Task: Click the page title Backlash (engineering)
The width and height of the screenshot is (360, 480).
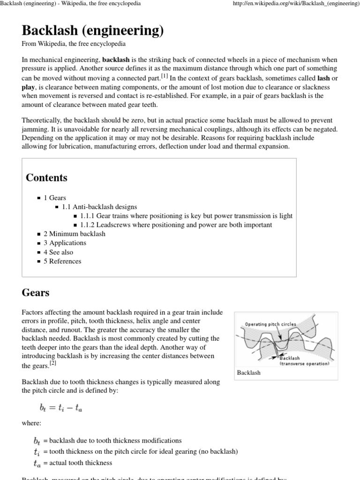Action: tap(93, 30)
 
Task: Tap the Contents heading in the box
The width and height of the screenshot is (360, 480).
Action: tap(46, 178)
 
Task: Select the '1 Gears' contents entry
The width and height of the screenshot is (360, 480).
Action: tap(55, 198)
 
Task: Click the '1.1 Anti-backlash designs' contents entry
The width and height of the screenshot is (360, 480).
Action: tap(99, 207)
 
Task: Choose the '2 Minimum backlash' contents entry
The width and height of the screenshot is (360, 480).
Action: tap(74, 234)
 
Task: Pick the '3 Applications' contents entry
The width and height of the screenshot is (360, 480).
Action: tap(65, 243)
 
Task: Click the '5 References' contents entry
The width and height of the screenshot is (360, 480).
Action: tap(62, 261)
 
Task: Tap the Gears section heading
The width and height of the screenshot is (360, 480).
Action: tap(36, 293)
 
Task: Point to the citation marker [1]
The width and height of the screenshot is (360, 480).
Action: tap(164, 76)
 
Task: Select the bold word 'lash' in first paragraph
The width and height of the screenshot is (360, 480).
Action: tap(323, 78)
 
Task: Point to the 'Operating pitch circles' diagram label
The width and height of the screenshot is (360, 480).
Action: tap(270, 324)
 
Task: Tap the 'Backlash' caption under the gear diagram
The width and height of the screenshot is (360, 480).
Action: tap(249, 372)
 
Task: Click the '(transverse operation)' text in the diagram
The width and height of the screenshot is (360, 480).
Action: tap(304, 363)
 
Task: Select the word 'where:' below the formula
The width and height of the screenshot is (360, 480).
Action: tap(31, 423)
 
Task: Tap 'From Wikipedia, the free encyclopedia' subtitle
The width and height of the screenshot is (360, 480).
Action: tap(74, 44)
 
